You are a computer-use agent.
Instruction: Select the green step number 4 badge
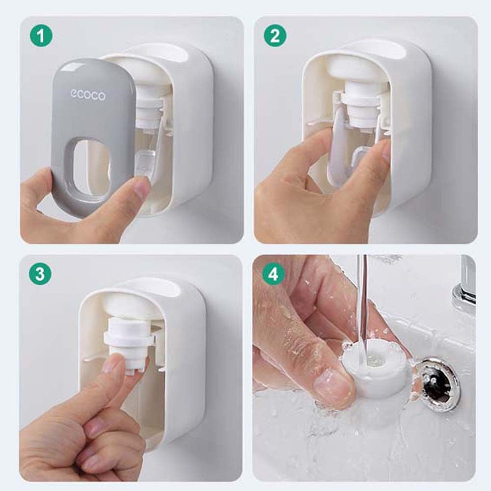(273, 274)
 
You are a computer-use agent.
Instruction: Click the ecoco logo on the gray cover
(88, 95)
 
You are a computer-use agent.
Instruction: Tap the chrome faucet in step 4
(464, 288)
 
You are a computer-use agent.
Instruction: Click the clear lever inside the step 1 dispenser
(147, 150)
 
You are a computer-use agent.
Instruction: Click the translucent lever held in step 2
(339, 150)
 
